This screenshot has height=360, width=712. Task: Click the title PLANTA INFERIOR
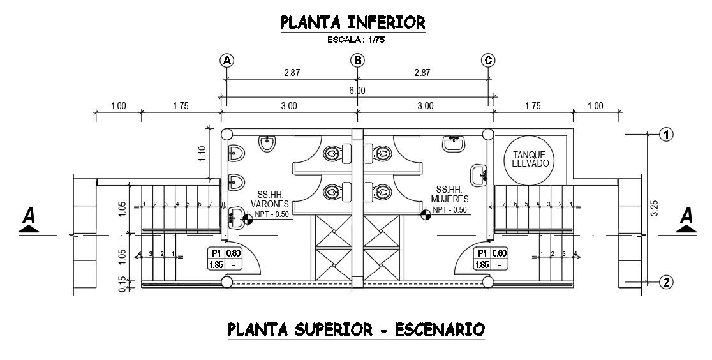(353, 23)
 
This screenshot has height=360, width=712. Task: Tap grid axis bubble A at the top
(226, 61)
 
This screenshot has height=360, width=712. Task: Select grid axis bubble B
(358, 61)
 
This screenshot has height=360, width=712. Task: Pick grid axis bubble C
(488, 61)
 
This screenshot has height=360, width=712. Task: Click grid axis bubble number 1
(665, 135)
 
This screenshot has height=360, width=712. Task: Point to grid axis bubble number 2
(665, 281)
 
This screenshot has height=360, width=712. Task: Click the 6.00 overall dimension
(357, 91)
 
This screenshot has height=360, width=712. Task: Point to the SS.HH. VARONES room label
(272, 199)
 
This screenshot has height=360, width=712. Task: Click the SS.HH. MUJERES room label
(450, 194)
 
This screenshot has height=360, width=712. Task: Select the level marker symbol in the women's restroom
(424, 214)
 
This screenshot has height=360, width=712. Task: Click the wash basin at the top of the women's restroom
(454, 143)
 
